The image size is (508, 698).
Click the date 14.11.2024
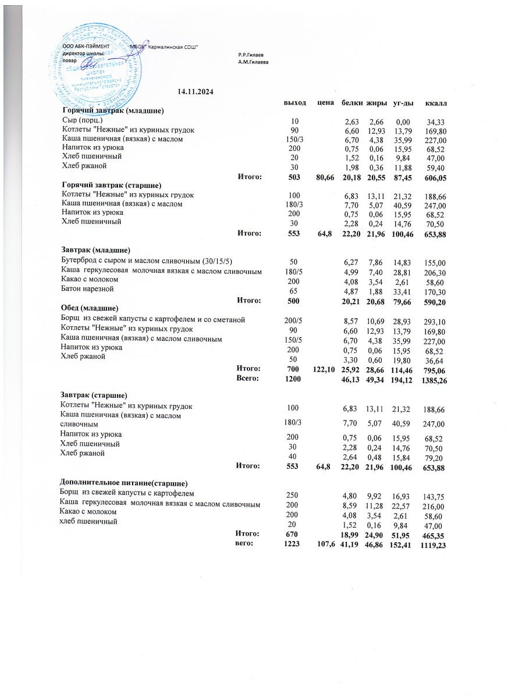196,91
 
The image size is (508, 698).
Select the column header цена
325,103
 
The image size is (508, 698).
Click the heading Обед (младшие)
90,307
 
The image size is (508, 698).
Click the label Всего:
248,378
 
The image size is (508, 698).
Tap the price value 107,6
325,544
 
